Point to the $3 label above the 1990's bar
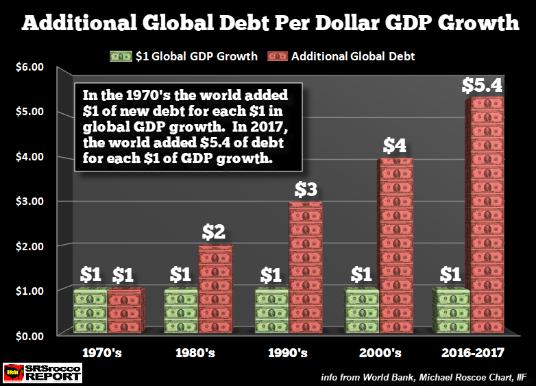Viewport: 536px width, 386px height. [306, 191]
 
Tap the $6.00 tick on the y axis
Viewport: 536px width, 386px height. [29, 67]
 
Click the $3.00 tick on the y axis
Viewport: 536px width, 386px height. [29, 202]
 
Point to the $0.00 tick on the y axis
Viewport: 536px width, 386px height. [29, 336]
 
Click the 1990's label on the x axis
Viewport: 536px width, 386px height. [289, 354]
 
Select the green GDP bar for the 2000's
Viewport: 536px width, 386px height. [361, 312]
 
